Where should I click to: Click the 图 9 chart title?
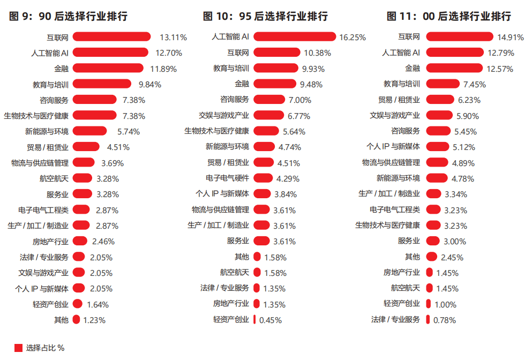[x=69, y=16]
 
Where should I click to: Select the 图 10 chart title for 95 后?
[x=265, y=16]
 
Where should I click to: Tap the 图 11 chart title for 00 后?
[x=448, y=16]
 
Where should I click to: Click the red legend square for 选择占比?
[x=18, y=348]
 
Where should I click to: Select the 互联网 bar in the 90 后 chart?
[x=112, y=36]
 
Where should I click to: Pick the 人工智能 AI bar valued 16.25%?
[x=295, y=36]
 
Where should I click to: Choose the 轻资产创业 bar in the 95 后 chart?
[x=254, y=320]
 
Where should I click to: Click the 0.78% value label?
[x=444, y=320]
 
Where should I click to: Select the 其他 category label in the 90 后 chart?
[x=61, y=320]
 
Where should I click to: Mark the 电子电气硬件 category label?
[x=227, y=178]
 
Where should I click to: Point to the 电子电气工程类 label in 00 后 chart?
[x=395, y=209]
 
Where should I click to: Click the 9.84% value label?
[x=150, y=85]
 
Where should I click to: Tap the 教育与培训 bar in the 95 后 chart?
[x=275, y=68]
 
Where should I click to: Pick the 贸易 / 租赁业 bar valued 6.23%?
[x=440, y=99]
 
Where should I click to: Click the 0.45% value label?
[x=271, y=320]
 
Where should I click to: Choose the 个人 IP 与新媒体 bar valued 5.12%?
[x=438, y=146]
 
